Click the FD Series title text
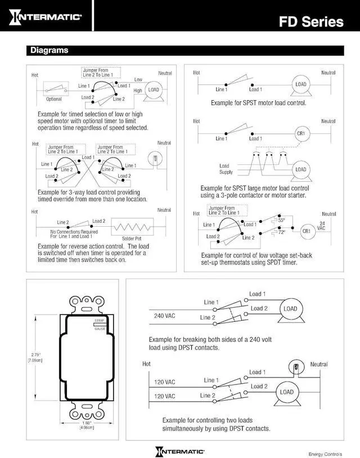(x=311, y=22)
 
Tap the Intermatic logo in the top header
(x=47, y=16)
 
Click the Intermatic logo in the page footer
(x=180, y=451)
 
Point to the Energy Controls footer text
(x=325, y=453)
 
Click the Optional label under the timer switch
(x=54, y=99)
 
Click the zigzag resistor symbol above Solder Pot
(x=133, y=228)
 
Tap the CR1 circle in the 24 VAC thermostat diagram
(x=307, y=231)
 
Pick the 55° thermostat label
(x=282, y=220)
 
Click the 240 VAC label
(x=165, y=316)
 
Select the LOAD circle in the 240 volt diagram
(x=290, y=308)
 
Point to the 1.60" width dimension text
(x=86, y=423)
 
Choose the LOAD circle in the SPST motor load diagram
(x=301, y=84)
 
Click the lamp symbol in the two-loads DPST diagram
(x=292, y=366)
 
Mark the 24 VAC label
(x=321, y=226)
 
